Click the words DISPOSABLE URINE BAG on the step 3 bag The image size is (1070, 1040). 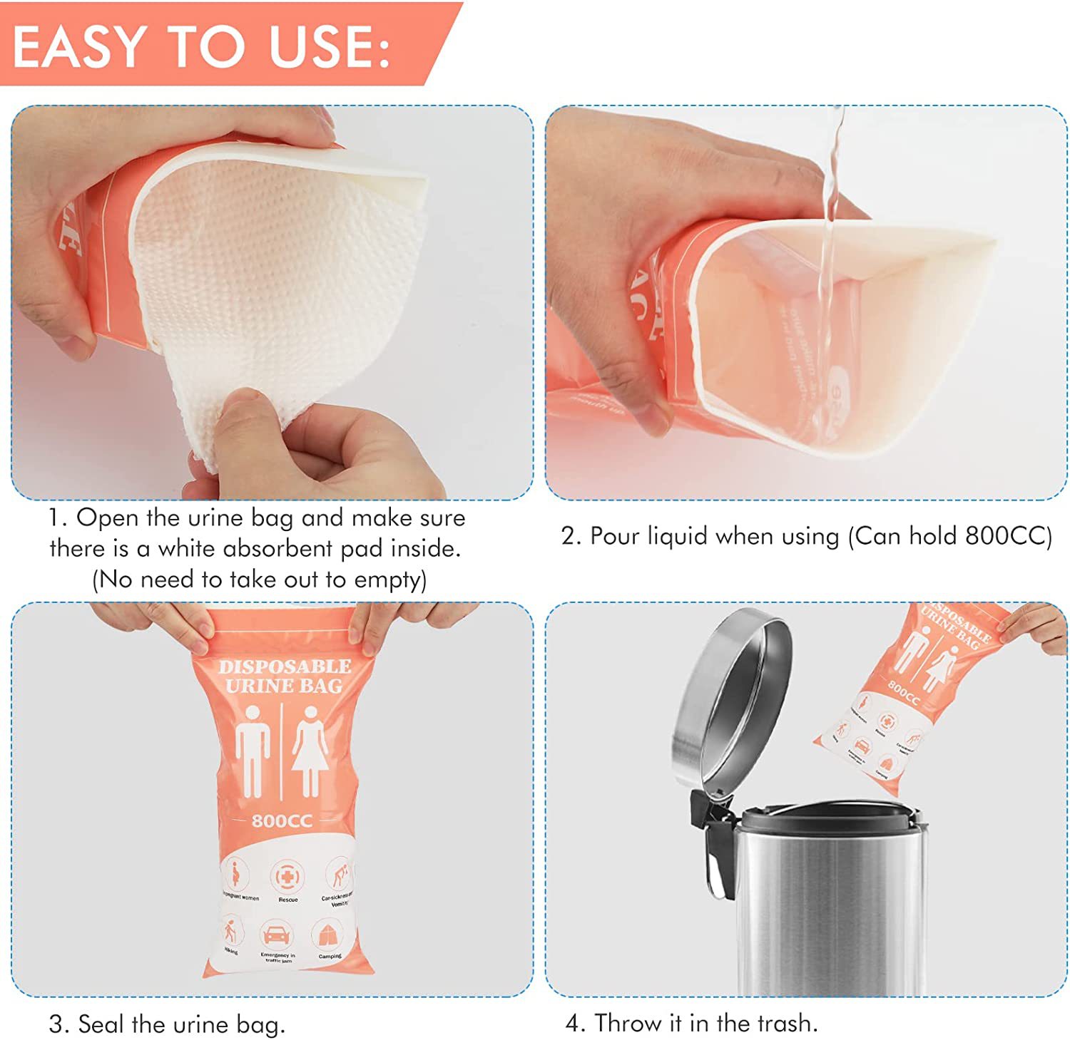point(285,676)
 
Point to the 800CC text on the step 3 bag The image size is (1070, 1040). point(282,821)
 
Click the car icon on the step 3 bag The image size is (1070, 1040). point(276,935)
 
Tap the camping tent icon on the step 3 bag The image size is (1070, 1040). point(328,935)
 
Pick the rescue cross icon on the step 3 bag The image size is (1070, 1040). point(287,877)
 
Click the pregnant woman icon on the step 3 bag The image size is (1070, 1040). point(236,875)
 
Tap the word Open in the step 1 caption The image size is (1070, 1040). point(102,518)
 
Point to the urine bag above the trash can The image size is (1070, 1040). point(910,699)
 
